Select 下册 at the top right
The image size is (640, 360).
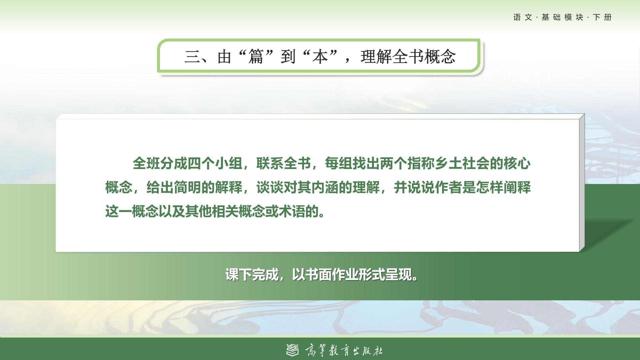pos(602,17)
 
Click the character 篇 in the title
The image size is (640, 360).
pos(256,56)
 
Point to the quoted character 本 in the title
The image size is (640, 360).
pos(320,56)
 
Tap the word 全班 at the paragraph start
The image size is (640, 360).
pos(146,163)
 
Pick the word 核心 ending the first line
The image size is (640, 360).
pos(517,163)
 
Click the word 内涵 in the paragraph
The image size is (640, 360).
pos(325,188)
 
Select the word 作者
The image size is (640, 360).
pos(449,188)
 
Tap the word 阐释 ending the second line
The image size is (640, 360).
pos(517,188)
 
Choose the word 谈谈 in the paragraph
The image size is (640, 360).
pos(270,188)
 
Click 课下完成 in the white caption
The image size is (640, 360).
pos(252,275)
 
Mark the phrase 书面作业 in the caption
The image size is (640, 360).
pos(332,275)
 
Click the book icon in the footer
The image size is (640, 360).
pos(293,350)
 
